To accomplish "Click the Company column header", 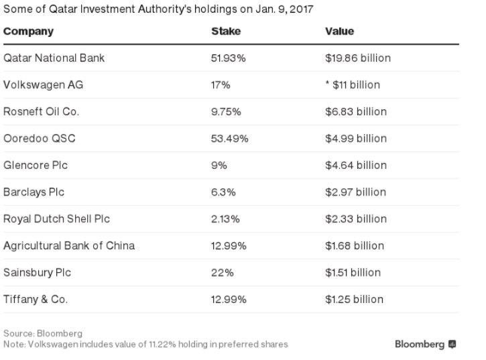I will pyautogui.click(x=28, y=32).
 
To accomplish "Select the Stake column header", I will pyautogui.click(x=225, y=32).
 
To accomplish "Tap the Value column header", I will pyautogui.click(x=339, y=32).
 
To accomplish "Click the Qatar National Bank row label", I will pyautogui.click(x=54, y=58).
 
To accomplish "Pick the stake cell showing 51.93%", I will pyautogui.click(x=229, y=58).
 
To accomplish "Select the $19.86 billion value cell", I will pyautogui.click(x=357, y=58).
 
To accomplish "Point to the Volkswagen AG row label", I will pyautogui.click(x=44, y=85).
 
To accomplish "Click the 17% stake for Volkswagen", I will pyautogui.click(x=221, y=85).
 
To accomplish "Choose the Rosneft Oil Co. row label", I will pyautogui.click(x=42, y=112).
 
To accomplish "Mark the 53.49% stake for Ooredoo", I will pyautogui.click(x=230, y=139).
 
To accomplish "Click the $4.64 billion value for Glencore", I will pyautogui.click(x=356, y=166).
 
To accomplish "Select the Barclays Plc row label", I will pyautogui.click(x=36, y=192).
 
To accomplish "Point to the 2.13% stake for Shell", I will pyautogui.click(x=226, y=219).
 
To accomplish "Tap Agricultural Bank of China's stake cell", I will pyautogui.click(x=229, y=246).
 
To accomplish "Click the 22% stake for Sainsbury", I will pyautogui.click(x=221, y=273).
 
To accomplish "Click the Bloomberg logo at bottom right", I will pyautogui.click(x=426, y=345).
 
